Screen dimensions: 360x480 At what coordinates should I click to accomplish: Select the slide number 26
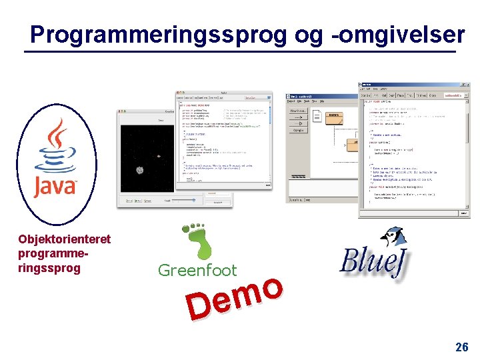(461, 347)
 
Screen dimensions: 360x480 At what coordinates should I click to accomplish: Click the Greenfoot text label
(197, 270)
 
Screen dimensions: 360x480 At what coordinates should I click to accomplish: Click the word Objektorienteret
(64, 239)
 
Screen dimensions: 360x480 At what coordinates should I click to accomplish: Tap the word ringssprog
(49, 268)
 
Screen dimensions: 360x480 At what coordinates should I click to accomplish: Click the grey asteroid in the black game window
(141, 170)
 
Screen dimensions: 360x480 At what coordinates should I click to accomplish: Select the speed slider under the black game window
(180, 200)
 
